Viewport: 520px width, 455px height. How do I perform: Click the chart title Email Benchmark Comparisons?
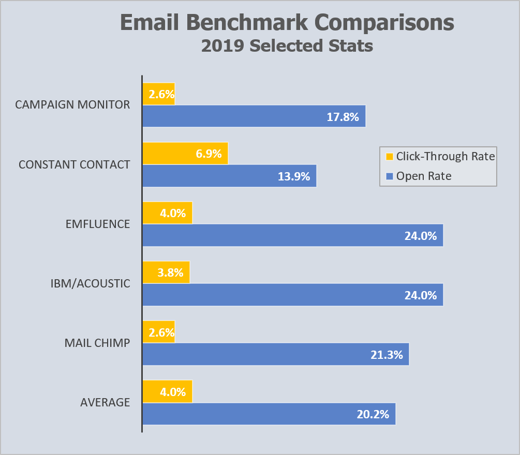(x=287, y=23)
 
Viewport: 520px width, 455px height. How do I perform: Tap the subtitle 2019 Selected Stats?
(x=287, y=46)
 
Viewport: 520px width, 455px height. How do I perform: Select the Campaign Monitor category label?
(x=72, y=104)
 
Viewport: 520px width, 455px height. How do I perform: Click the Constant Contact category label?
(x=74, y=164)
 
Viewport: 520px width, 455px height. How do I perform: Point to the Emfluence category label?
(x=98, y=224)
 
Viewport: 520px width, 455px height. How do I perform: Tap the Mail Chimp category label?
(x=97, y=343)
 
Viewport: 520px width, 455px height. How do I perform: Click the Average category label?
(x=105, y=402)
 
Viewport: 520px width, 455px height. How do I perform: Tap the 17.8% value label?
(x=343, y=117)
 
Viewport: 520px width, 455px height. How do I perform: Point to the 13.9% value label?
(x=293, y=176)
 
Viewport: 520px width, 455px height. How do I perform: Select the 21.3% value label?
(x=387, y=355)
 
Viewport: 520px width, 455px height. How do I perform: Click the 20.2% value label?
(x=373, y=414)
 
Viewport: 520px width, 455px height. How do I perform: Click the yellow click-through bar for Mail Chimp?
(x=158, y=332)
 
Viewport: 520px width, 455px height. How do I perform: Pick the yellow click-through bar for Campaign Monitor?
(x=158, y=94)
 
